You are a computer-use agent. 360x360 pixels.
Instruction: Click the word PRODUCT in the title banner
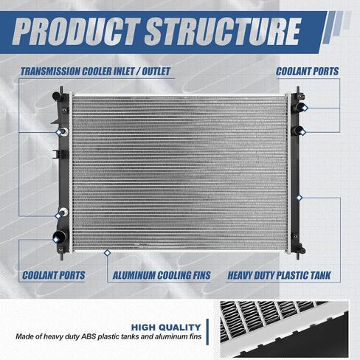(x=77, y=32)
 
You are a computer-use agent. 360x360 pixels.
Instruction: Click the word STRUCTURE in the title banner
(x=223, y=32)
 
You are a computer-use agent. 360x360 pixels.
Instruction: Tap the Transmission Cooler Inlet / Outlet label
(x=95, y=72)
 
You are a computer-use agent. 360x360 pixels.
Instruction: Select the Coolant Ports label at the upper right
(x=307, y=72)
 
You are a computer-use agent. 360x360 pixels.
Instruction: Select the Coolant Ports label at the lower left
(x=54, y=275)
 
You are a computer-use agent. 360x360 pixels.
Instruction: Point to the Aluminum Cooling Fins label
(x=162, y=275)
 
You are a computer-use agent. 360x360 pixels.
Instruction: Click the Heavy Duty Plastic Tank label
(x=279, y=275)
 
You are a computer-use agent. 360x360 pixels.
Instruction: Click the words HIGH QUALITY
(x=166, y=328)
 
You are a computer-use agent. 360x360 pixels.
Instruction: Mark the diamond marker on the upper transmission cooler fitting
(x=58, y=133)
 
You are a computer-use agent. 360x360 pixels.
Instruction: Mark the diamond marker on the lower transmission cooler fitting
(x=58, y=216)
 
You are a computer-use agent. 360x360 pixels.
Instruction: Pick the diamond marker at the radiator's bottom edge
(x=107, y=252)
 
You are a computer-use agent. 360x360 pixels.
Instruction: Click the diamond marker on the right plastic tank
(x=300, y=198)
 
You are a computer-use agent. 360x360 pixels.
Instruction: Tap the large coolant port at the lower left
(x=59, y=236)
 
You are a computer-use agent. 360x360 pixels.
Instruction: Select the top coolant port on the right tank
(x=301, y=107)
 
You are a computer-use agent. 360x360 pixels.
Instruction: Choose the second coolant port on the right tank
(x=300, y=131)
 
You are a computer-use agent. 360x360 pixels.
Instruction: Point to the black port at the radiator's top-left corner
(x=58, y=95)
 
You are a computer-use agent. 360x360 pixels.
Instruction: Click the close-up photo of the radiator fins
(x=284, y=329)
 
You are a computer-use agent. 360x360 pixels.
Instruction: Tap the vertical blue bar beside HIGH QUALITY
(x=207, y=332)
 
